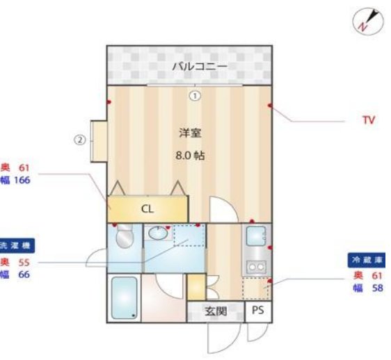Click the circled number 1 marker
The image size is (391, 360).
point(195,96)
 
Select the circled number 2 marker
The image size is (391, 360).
point(80,140)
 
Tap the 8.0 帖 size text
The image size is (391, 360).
point(189,155)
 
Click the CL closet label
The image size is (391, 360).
point(147,208)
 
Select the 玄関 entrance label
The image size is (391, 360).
point(216,311)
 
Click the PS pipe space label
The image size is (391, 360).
point(258,311)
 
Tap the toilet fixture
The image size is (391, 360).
point(124,238)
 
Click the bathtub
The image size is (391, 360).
point(125,298)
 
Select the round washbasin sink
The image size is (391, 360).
point(159,234)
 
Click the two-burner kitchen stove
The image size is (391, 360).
point(255,265)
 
